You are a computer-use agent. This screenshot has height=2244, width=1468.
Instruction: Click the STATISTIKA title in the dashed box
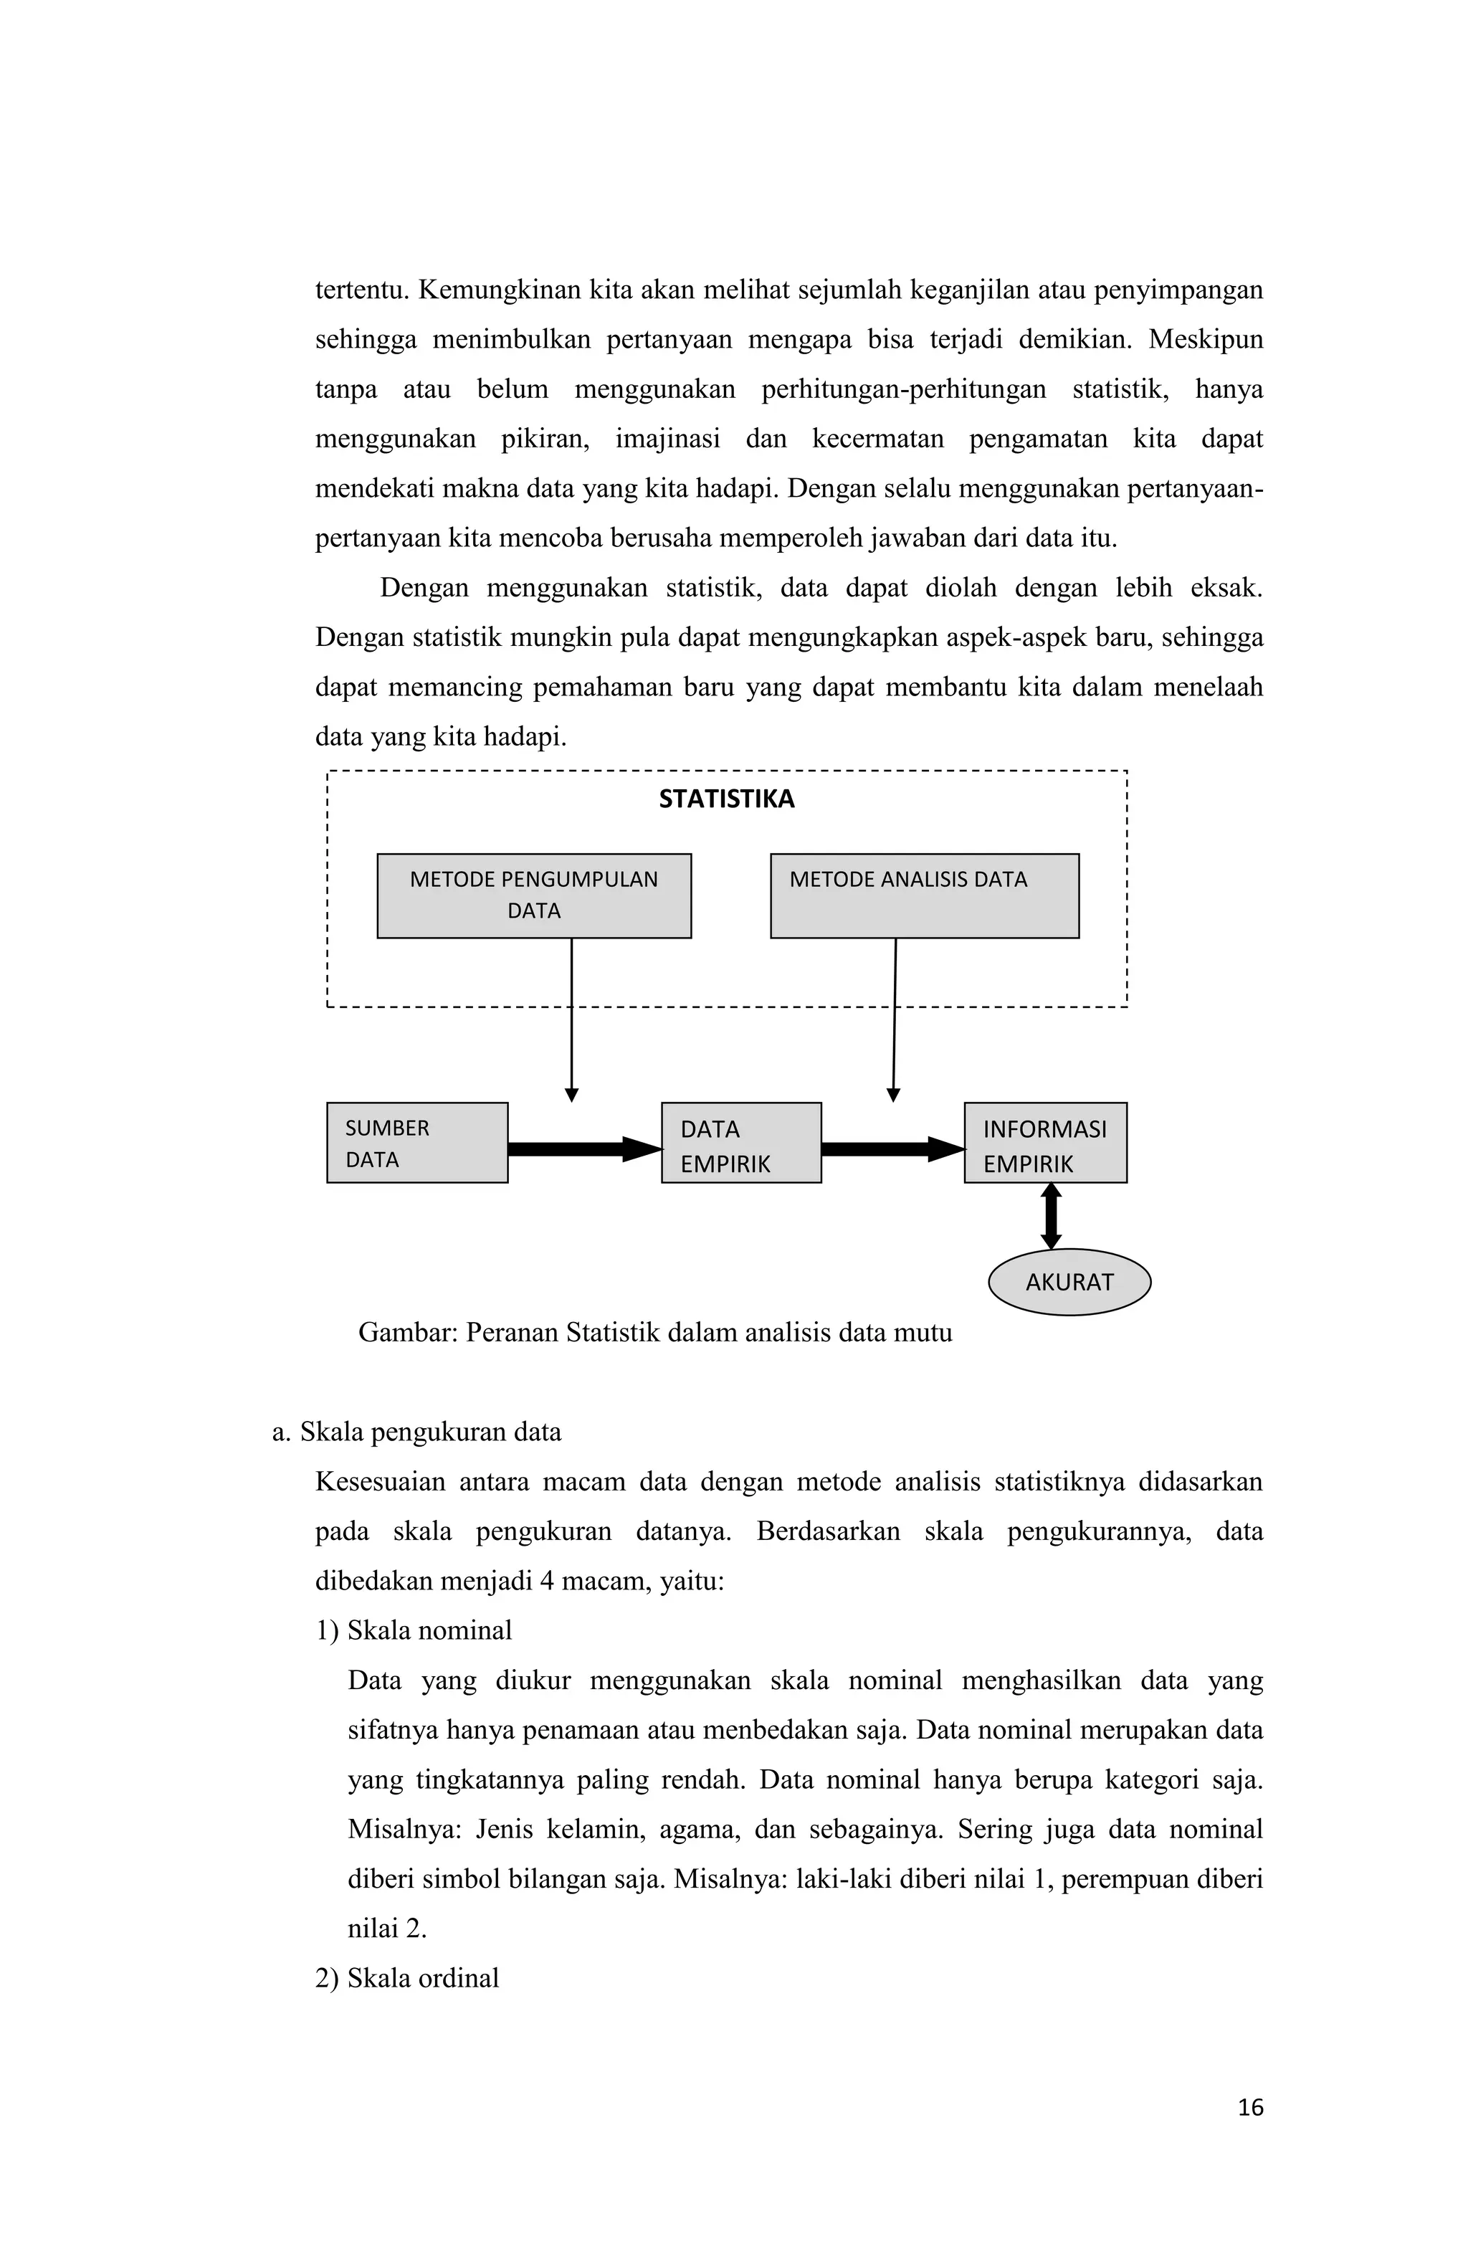click(x=725, y=799)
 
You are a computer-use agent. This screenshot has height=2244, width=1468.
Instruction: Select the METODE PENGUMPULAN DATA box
click(x=533, y=895)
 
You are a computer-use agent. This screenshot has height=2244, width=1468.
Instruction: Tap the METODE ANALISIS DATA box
click(x=923, y=895)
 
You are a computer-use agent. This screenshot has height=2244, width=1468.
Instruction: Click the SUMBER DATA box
click(x=416, y=1142)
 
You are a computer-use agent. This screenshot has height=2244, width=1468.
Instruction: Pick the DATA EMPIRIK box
click(x=740, y=1142)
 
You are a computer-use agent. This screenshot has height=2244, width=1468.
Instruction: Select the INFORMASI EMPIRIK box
click(x=1044, y=1142)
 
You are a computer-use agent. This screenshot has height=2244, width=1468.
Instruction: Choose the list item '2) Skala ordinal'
click(x=406, y=1977)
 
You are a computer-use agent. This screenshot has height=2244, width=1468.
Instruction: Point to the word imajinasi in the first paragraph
click(x=667, y=439)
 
